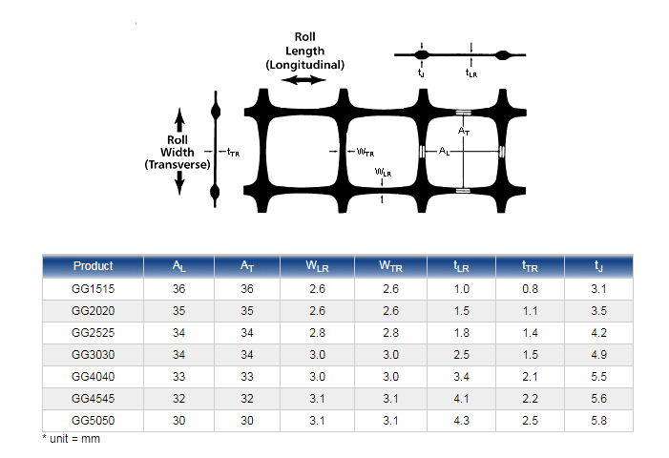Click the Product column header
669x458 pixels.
(93, 265)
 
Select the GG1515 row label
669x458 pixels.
(93, 289)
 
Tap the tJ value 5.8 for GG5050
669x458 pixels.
(598, 421)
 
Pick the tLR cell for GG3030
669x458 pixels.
(461, 355)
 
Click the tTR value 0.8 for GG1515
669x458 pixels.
(530, 289)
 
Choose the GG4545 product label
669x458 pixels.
(93, 399)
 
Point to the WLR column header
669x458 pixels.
(317, 266)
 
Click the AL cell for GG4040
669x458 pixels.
(178, 377)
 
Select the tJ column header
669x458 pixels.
(598, 266)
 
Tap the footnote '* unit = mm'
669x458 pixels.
(71, 439)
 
